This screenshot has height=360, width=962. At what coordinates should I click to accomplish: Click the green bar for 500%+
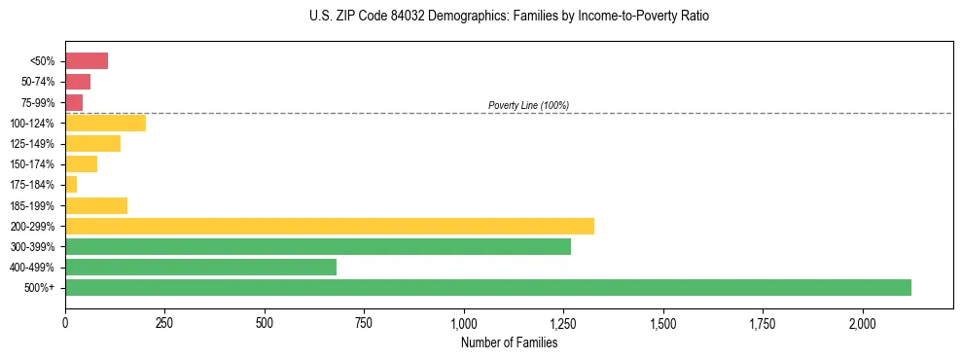[487, 287]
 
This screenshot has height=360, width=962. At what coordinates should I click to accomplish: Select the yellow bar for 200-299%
[330, 226]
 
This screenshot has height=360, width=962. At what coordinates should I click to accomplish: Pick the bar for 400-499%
[200, 267]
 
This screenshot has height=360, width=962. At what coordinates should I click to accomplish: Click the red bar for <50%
[87, 61]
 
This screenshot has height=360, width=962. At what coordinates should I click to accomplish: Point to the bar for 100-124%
[105, 123]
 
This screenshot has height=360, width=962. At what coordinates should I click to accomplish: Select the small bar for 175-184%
[71, 184]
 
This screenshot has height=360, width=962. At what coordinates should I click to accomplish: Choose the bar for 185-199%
[96, 205]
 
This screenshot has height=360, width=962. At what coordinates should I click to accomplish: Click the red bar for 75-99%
[74, 102]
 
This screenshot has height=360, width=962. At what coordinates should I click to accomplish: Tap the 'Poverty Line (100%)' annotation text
[528, 105]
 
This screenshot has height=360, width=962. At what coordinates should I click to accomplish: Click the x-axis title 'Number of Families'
[509, 342]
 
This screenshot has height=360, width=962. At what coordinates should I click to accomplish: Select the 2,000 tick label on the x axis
[863, 323]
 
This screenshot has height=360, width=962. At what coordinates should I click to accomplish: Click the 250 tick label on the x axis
[164, 323]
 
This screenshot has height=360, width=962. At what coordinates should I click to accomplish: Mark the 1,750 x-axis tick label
[763, 323]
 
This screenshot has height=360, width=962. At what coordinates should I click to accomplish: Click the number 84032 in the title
[389, 17]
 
